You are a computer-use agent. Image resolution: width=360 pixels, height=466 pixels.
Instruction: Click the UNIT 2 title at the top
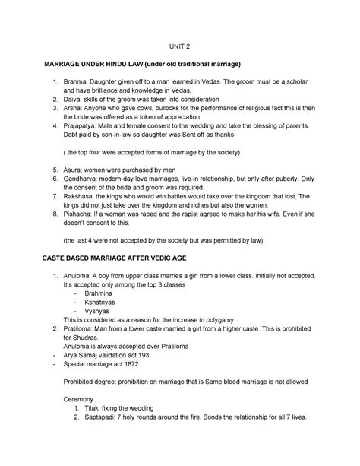click(180, 45)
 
